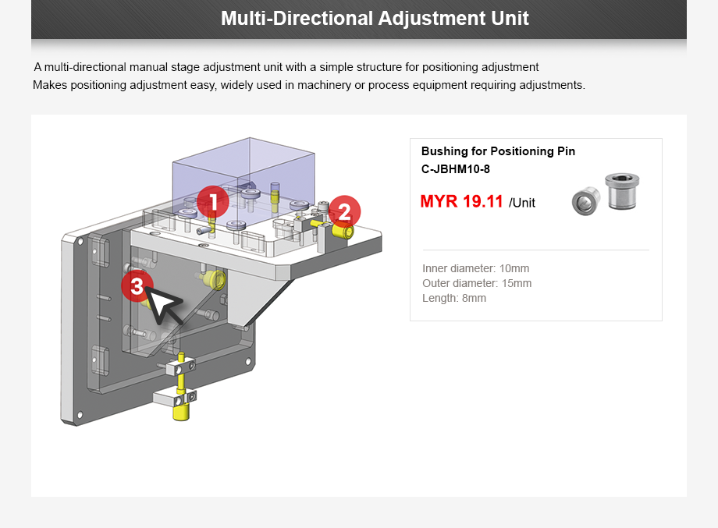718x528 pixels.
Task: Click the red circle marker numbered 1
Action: [212, 202]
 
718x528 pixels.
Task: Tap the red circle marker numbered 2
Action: [344, 211]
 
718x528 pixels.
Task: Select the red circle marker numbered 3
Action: [137, 286]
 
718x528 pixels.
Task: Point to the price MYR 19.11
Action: [461, 202]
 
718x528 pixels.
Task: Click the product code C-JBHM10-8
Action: [455, 169]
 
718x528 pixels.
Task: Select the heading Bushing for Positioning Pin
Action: [498, 151]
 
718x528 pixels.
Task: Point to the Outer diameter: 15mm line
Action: [477, 283]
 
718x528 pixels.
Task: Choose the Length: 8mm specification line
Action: [453, 298]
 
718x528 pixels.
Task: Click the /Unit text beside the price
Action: [522, 203]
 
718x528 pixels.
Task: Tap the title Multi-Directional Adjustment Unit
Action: [375, 18]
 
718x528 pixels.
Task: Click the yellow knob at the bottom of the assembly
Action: [181, 409]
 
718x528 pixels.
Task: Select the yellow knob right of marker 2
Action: [343, 232]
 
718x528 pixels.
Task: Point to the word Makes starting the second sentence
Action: [50, 84]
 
